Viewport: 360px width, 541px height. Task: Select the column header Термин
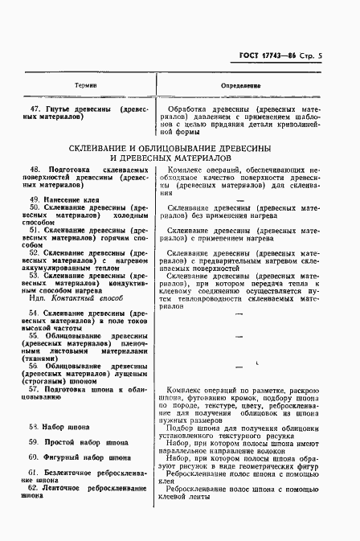click(86, 84)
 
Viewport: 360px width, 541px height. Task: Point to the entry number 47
click(35, 108)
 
